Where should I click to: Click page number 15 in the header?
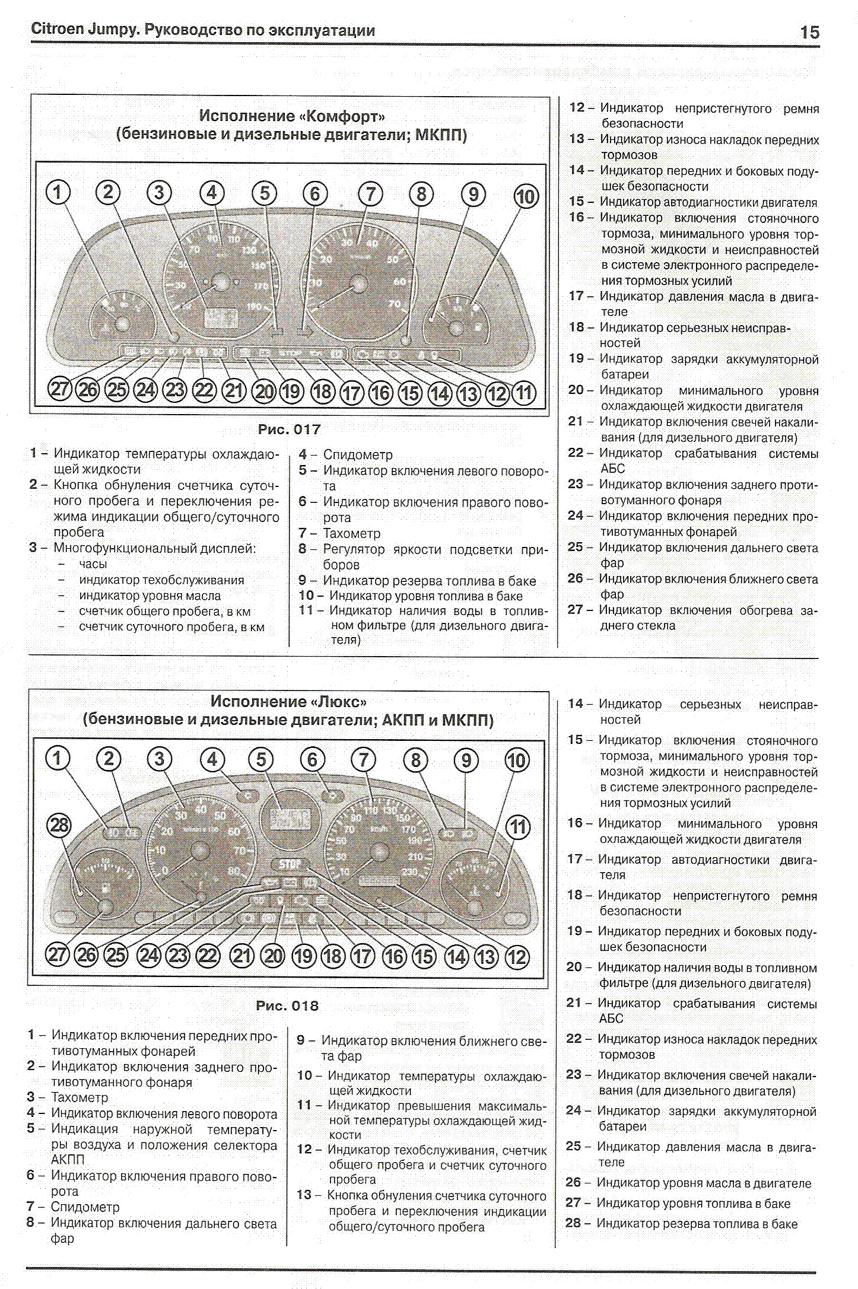click(809, 32)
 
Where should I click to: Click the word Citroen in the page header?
click(57, 30)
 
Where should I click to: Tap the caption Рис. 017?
click(289, 429)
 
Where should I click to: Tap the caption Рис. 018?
click(287, 1006)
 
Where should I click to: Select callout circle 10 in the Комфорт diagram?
click(525, 196)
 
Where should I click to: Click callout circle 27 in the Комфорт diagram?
click(59, 390)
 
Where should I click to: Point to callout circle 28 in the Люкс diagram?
click(59, 825)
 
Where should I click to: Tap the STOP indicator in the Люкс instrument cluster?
click(290, 864)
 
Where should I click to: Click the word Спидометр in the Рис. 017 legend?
click(358, 455)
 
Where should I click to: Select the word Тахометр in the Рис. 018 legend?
click(80, 1097)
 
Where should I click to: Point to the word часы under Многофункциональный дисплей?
click(93, 564)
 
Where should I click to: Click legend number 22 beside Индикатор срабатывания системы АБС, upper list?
click(576, 453)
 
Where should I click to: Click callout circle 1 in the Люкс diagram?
click(58, 758)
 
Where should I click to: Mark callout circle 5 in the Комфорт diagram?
click(264, 193)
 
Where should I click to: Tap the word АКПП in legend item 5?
click(68, 1159)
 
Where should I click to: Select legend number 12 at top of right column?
click(577, 107)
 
